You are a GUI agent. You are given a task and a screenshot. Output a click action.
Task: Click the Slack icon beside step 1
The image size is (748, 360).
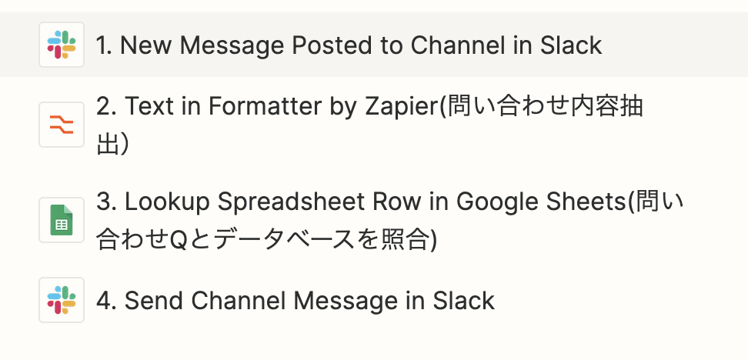(61, 45)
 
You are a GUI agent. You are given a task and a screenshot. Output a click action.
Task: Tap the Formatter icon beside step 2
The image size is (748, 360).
(61, 124)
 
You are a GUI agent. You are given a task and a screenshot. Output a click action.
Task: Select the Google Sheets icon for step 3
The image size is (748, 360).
(61, 220)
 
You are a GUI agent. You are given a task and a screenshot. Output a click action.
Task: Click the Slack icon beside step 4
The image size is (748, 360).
(61, 300)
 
